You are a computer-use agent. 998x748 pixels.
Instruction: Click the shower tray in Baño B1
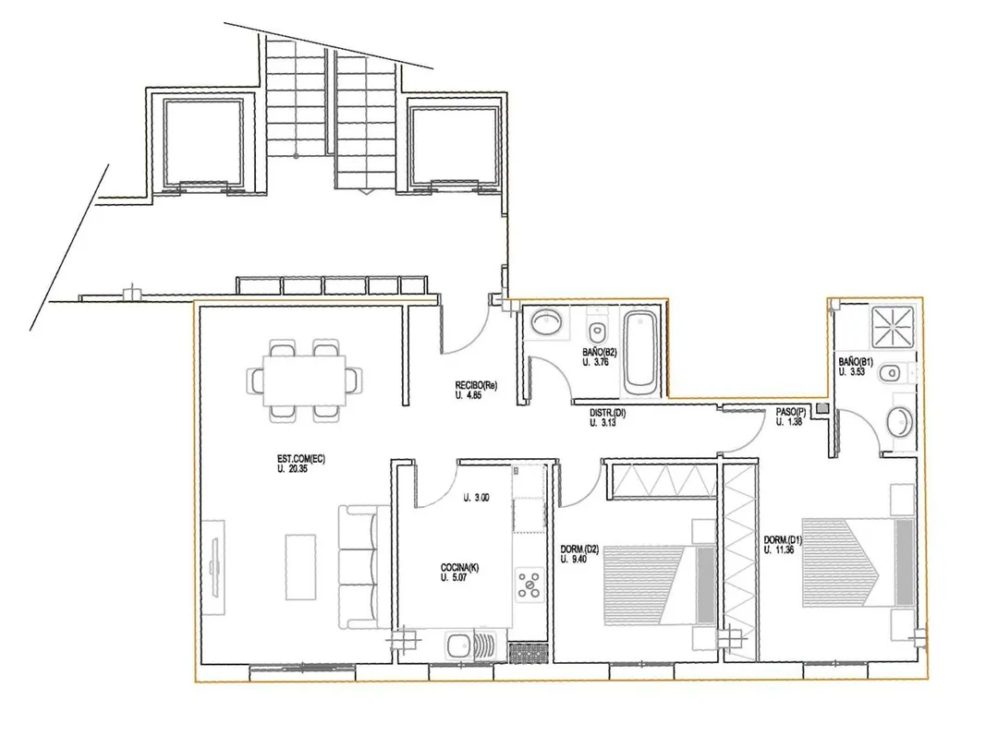tap(893, 328)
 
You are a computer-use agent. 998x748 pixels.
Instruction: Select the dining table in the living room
tap(305, 381)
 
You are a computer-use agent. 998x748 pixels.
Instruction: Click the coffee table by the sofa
tap(300, 567)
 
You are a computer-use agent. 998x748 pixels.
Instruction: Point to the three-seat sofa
tap(364, 568)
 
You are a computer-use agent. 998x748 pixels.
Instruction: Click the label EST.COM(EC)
tap(300, 459)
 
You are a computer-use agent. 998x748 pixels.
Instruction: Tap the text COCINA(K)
tap(459, 568)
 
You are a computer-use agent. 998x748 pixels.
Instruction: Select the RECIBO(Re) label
tap(476, 385)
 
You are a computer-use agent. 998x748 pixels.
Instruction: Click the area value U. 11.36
tap(779, 550)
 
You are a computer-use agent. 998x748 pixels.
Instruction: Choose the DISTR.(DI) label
tap(607, 413)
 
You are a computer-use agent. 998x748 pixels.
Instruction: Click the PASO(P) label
tap(790, 412)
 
